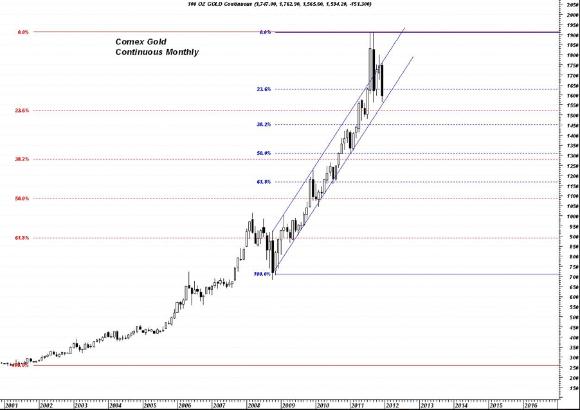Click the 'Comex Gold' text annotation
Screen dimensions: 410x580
[140, 42]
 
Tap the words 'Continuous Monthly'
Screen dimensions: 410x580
[157, 52]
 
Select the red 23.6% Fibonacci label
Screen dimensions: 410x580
[22, 111]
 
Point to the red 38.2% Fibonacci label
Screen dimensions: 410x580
[22, 159]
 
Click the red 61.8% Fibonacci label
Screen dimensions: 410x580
[22, 238]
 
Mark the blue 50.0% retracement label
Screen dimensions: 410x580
[264, 153]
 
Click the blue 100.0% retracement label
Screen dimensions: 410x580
[262, 274]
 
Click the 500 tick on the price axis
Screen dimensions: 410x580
[570, 317]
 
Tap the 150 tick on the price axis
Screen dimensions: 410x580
[570, 388]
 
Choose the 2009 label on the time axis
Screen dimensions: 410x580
[287, 406]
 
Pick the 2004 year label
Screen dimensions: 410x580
[114, 406]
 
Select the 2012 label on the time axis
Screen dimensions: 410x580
[392, 406]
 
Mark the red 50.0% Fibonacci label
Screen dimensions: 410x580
[22, 199]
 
